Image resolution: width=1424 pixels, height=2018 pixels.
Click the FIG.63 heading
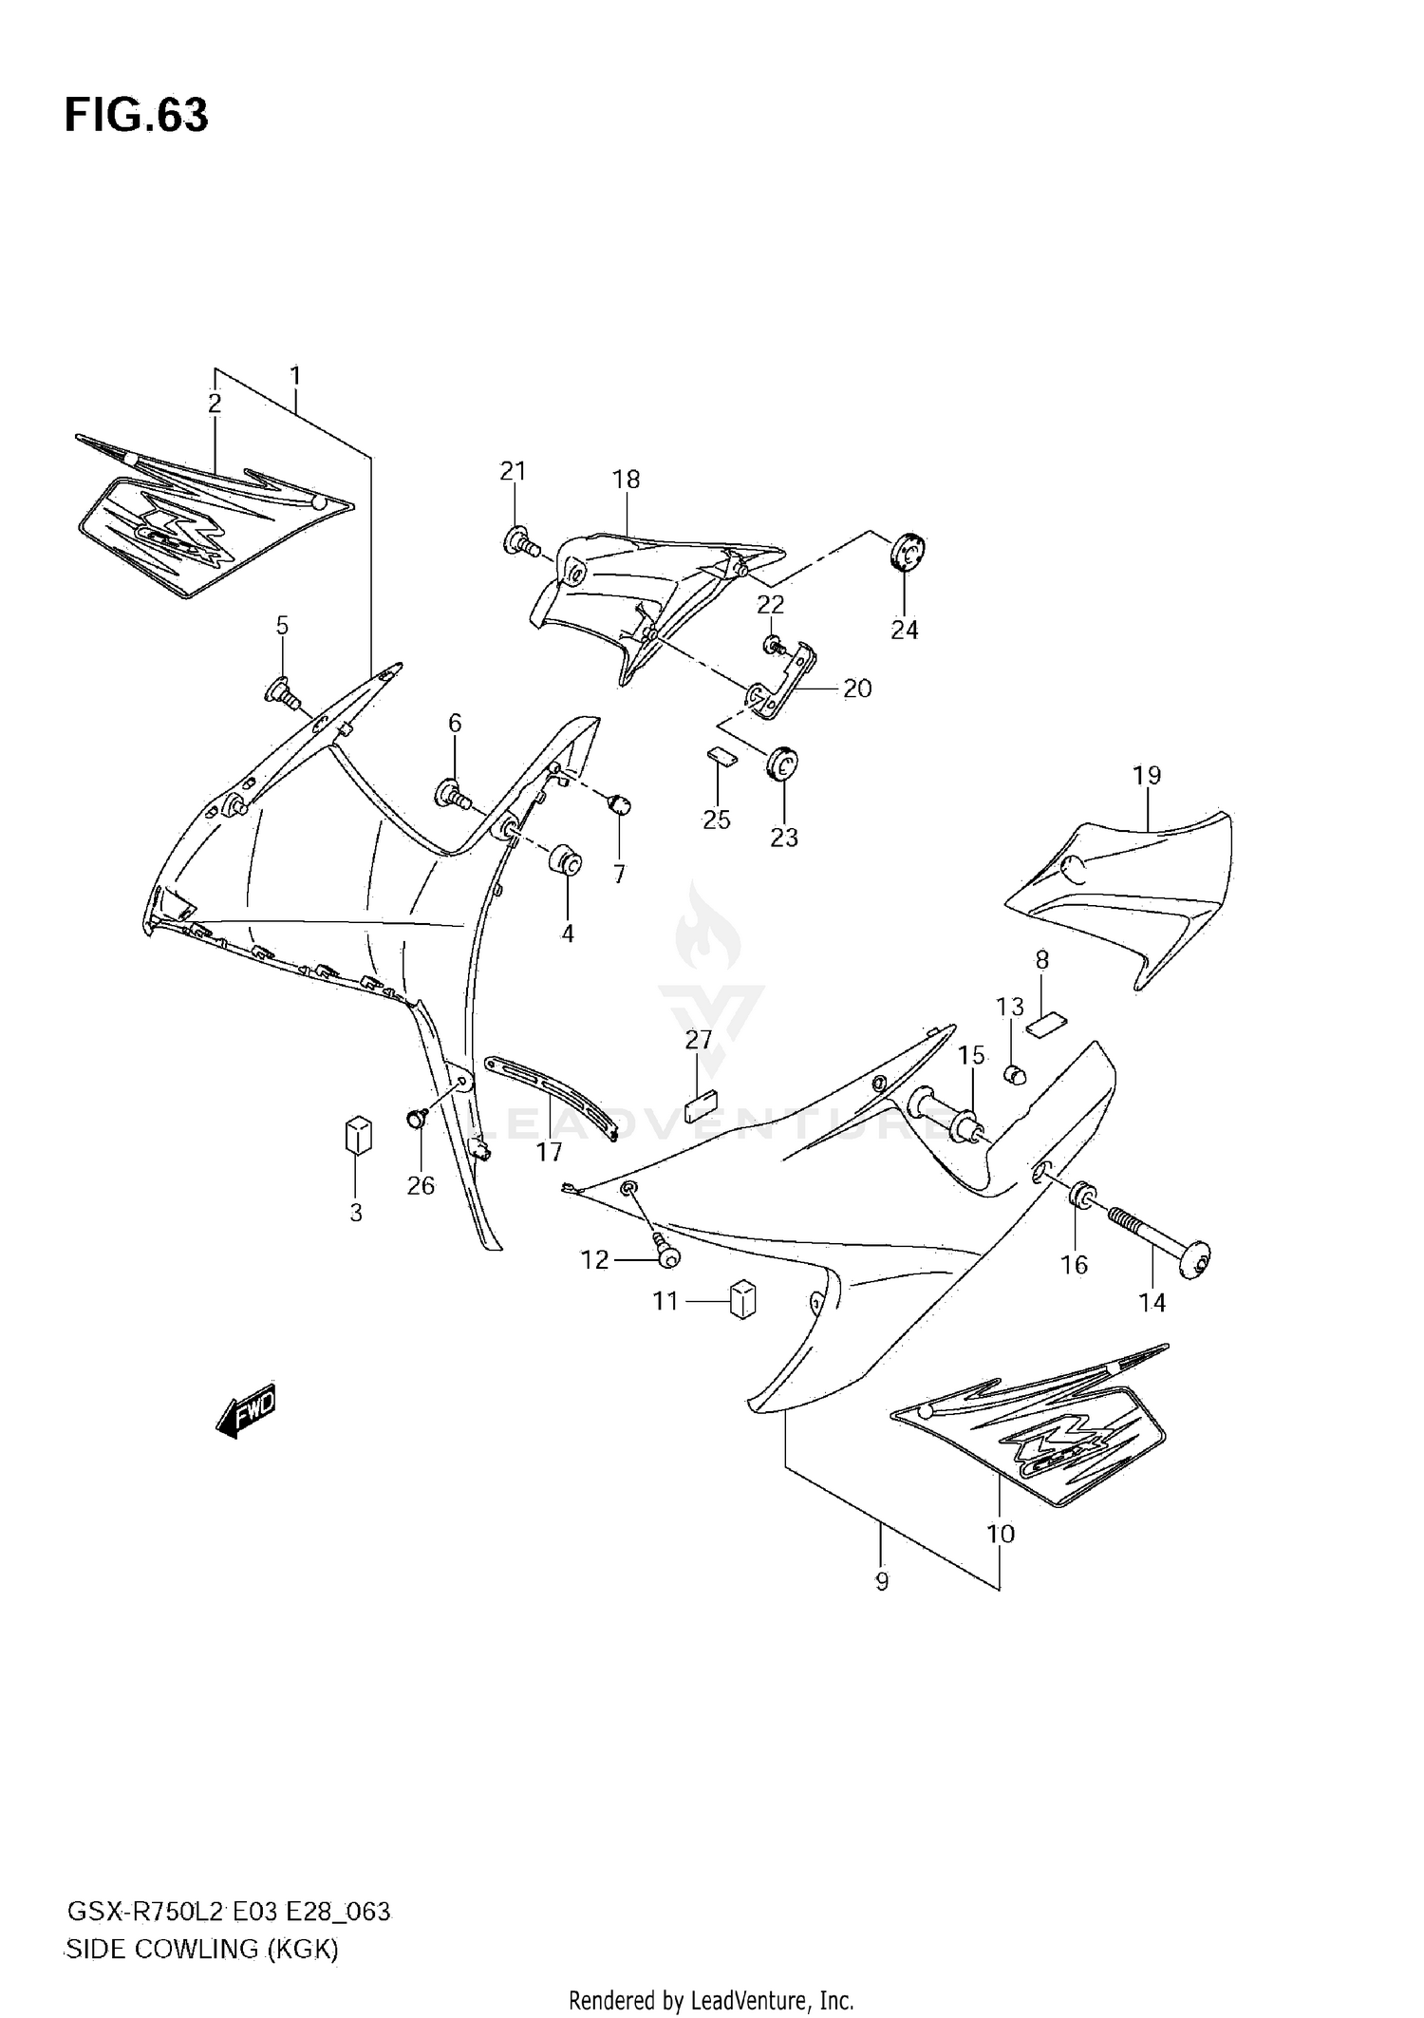136,116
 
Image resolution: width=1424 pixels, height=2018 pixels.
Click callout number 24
904,630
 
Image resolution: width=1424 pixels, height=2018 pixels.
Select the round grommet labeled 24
908,552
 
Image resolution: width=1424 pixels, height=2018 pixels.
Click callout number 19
1147,775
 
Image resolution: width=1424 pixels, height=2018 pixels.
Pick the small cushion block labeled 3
357,1134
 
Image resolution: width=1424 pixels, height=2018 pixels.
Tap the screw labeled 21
518,544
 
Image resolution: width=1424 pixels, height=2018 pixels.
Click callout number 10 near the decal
1001,1534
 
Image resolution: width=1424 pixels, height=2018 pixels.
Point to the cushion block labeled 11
742,1297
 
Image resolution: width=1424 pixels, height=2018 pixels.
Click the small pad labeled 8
1045,1024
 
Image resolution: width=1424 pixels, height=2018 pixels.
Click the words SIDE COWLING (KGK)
200,1950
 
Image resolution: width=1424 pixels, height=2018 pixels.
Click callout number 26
421,1185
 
